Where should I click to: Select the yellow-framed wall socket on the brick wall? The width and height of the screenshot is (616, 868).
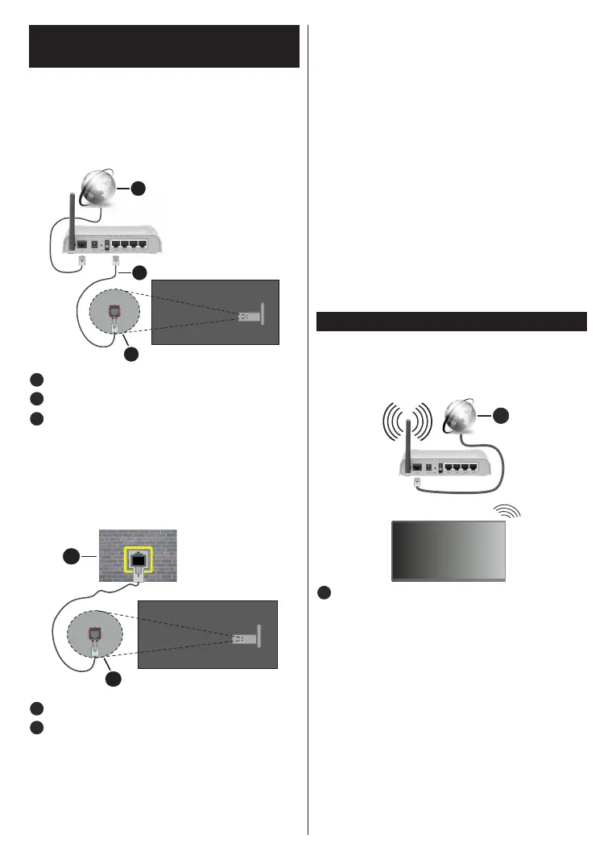click(x=138, y=559)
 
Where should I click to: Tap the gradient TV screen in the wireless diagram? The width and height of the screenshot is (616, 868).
click(x=449, y=550)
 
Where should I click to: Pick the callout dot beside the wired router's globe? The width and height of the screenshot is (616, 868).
click(x=138, y=188)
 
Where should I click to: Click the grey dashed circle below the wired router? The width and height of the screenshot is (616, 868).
click(x=114, y=315)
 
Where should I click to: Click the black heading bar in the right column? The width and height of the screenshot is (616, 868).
click(x=451, y=321)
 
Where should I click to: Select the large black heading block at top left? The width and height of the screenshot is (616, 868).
click(x=163, y=47)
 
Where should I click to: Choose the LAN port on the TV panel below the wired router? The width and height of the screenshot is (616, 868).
click(x=243, y=317)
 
